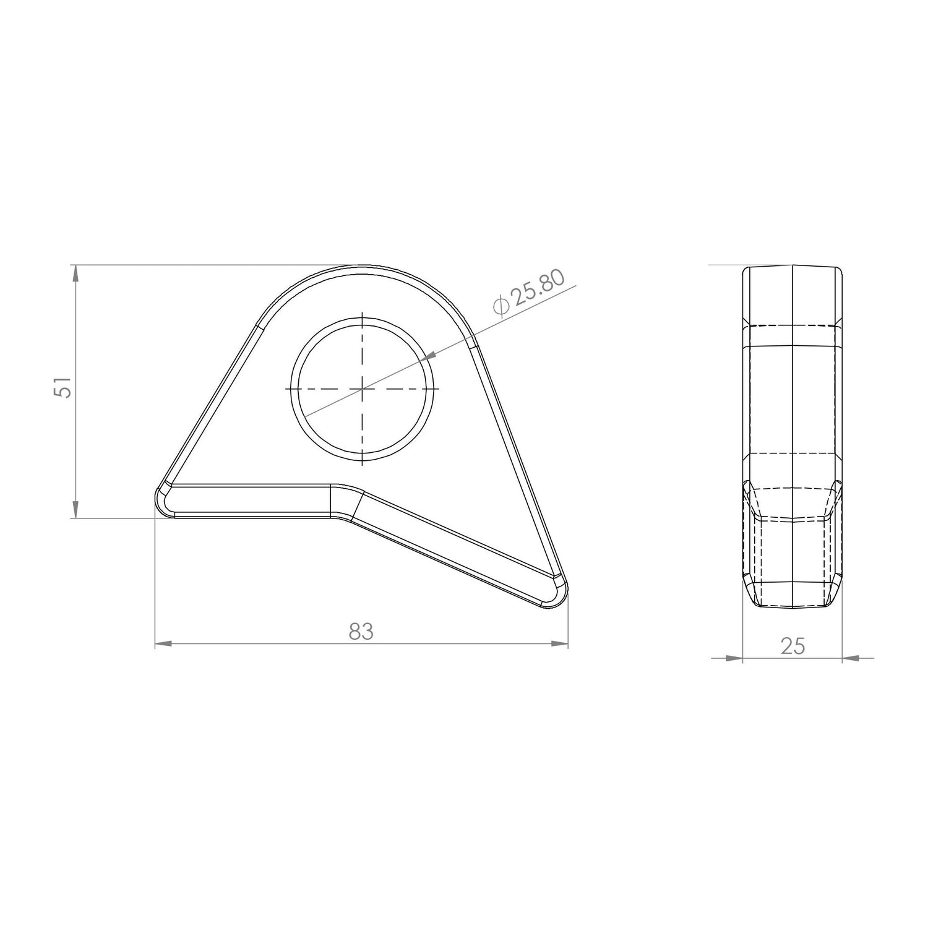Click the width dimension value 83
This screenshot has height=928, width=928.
[361, 632]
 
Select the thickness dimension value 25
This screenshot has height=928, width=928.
[793, 646]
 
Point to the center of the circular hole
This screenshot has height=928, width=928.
[362, 389]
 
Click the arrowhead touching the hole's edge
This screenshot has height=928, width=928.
[431, 356]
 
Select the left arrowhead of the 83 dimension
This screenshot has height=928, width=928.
[162, 644]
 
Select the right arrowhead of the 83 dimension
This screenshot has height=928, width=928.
[560, 644]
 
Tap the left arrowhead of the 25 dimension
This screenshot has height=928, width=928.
[734, 658]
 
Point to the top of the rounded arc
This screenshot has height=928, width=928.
[362, 267]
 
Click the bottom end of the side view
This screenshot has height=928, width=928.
[793, 608]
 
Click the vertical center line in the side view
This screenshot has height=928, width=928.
[793, 402]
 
